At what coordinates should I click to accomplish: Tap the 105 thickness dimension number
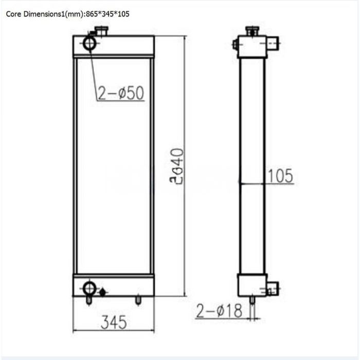280,176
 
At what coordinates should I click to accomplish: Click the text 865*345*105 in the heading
108,14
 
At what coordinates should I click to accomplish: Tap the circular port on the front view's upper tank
90,44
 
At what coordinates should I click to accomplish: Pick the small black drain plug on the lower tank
102,292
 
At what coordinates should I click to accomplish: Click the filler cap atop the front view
99,32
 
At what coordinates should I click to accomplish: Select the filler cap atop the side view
251,31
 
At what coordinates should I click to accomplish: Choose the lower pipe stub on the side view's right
273,289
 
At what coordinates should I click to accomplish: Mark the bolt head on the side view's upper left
235,45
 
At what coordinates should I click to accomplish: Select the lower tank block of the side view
251,284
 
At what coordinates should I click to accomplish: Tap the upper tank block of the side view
251,47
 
